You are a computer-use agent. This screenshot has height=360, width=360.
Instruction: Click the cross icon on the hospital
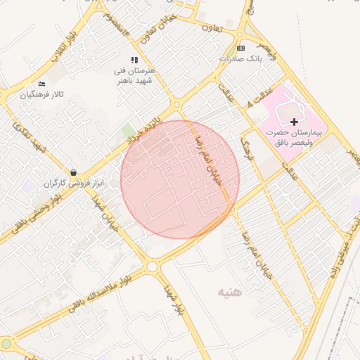pos(294,122)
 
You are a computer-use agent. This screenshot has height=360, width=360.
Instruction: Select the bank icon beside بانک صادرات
pos(241,48)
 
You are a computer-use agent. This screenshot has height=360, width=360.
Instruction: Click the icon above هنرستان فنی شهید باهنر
pos(134,60)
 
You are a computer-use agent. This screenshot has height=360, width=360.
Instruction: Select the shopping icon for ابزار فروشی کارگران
pos(73,172)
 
